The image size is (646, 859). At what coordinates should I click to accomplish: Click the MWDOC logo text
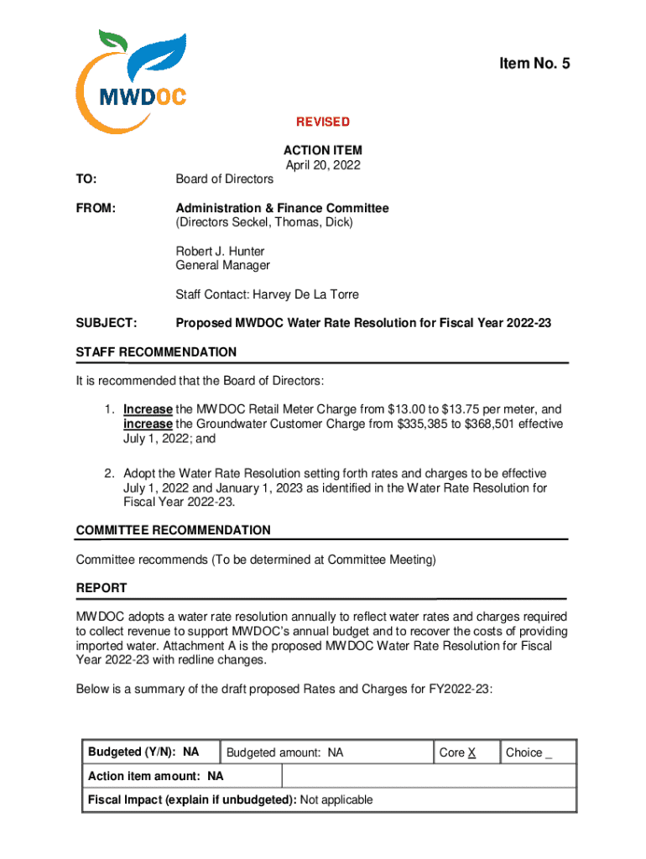pos(143,96)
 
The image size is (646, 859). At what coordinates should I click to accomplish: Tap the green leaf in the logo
pos(113,42)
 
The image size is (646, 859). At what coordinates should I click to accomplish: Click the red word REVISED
pos(323,122)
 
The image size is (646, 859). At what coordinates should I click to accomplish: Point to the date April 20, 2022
pos(323,165)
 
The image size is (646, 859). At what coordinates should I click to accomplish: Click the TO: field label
pos(86,179)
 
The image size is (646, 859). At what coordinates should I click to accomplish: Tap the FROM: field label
pos(96,208)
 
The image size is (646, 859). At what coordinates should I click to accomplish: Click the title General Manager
pos(222,265)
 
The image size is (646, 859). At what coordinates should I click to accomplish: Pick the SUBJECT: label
pos(107,323)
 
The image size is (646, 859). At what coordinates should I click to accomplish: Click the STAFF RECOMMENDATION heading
pos(156,352)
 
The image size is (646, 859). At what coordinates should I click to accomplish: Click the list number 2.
pos(109,473)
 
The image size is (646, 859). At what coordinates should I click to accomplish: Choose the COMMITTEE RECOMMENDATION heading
pos(173,530)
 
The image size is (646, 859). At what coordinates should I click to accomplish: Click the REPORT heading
pos(102,588)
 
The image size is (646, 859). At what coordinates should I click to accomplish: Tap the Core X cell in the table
pos(458,752)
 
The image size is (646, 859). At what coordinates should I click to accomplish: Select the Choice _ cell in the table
pos(529,752)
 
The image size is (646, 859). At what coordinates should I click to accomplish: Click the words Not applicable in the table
pos(336,799)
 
